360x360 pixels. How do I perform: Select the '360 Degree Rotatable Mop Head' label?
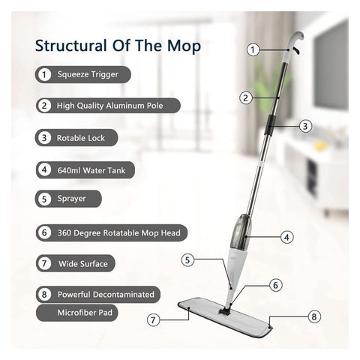[118, 232]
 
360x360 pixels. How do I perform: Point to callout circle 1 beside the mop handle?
[253, 49]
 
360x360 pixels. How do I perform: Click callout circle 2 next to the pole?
[245, 97]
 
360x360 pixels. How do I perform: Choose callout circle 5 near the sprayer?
[189, 260]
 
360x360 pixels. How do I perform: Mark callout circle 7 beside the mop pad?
[154, 319]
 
